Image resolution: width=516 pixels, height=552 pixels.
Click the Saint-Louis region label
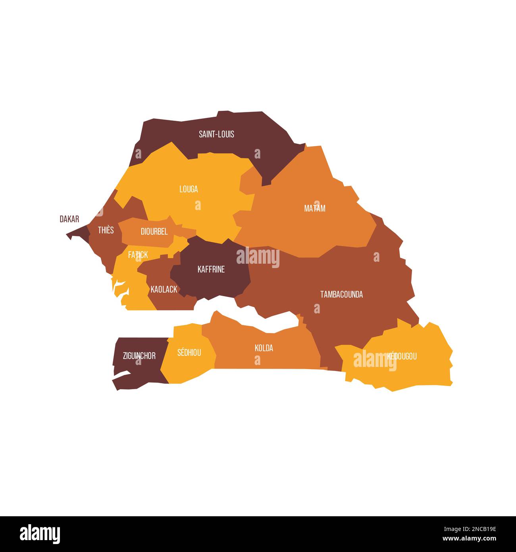pyautogui.click(x=216, y=134)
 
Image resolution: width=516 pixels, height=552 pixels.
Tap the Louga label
pyautogui.click(x=189, y=189)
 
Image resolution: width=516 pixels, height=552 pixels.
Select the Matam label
pyautogui.click(x=315, y=208)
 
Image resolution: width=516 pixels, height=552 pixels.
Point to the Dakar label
pyautogui.click(x=69, y=219)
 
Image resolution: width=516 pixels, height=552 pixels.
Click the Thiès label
pyautogui.click(x=106, y=230)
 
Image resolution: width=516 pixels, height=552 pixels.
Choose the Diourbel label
pyautogui.click(x=154, y=232)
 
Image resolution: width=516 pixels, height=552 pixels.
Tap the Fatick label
pyautogui.click(x=138, y=255)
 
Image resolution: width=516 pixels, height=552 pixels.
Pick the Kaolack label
pyautogui.click(x=164, y=290)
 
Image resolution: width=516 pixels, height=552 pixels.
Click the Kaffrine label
pyautogui.click(x=211, y=269)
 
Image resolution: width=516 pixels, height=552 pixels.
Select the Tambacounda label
pyautogui.click(x=341, y=294)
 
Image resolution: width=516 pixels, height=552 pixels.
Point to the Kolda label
pyautogui.click(x=264, y=348)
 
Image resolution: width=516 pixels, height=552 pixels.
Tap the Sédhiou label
pyautogui.click(x=189, y=352)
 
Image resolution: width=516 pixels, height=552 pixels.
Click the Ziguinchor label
pyautogui.click(x=139, y=356)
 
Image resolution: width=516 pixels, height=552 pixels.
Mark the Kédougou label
pyautogui.click(x=402, y=356)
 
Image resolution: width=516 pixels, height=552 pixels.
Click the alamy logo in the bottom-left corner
pyautogui.click(x=40, y=534)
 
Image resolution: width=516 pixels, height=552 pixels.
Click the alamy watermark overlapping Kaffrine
pyautogui.click(x=258, y=257)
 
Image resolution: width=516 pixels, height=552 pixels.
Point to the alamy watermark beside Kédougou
pyautogui.click(x=375, y=360)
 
